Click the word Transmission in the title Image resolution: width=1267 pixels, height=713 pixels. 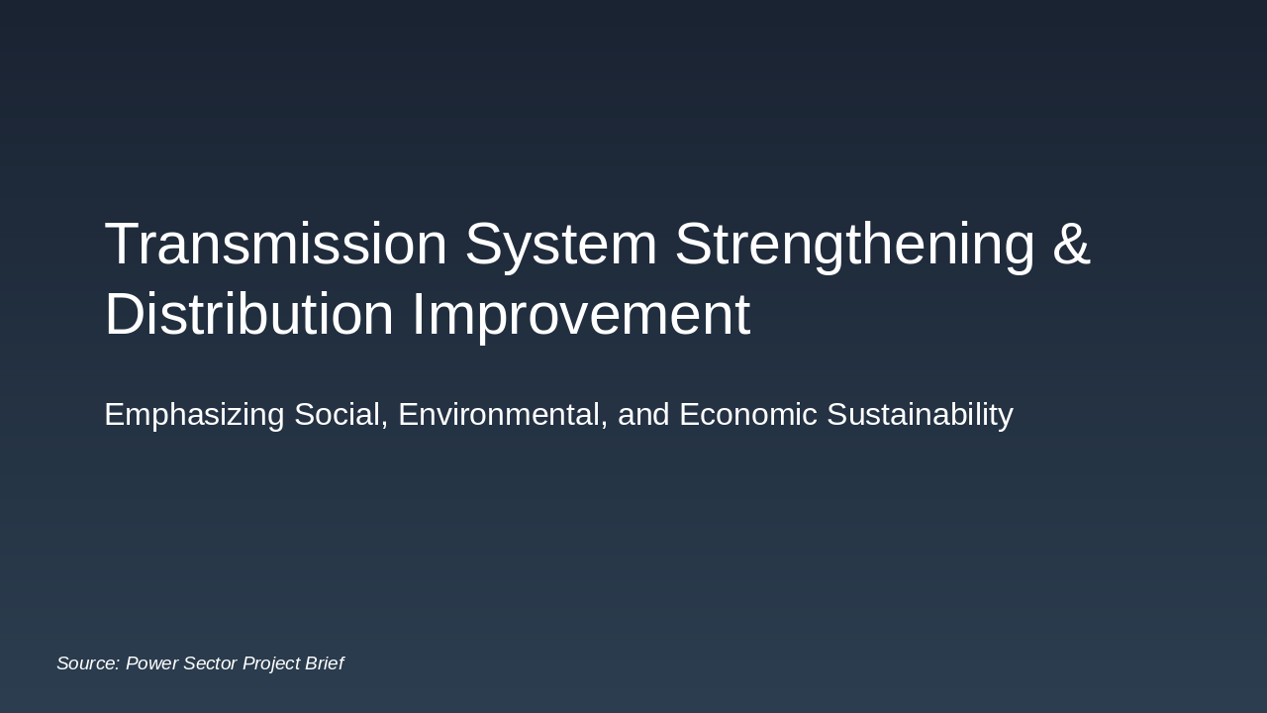click(276, 244)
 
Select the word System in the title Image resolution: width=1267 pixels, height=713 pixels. click(561, 244)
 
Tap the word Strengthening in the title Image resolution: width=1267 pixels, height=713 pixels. click(854, 244)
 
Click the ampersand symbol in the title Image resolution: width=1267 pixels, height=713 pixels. click(1071, 244)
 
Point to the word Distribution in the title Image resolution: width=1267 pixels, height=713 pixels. click(249, 315)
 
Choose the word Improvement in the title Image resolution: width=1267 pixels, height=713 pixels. click(581, 315)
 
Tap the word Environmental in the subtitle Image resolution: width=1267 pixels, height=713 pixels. click(503, 414)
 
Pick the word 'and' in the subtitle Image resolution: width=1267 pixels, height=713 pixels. click(643, 414)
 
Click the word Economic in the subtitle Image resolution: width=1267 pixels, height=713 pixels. click(748, 414)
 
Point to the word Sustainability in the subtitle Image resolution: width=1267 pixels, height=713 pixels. click(920, 414)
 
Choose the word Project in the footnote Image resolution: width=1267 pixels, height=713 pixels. click(271, 663)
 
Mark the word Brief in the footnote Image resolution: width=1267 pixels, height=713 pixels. click(325, 663)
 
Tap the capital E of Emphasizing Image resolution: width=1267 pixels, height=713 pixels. click(115, 414)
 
